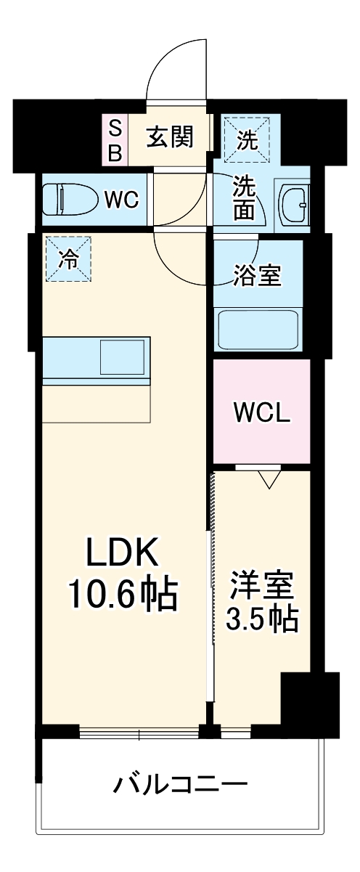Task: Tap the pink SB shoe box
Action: [115, 140]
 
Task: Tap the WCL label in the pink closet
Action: [261, 412]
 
